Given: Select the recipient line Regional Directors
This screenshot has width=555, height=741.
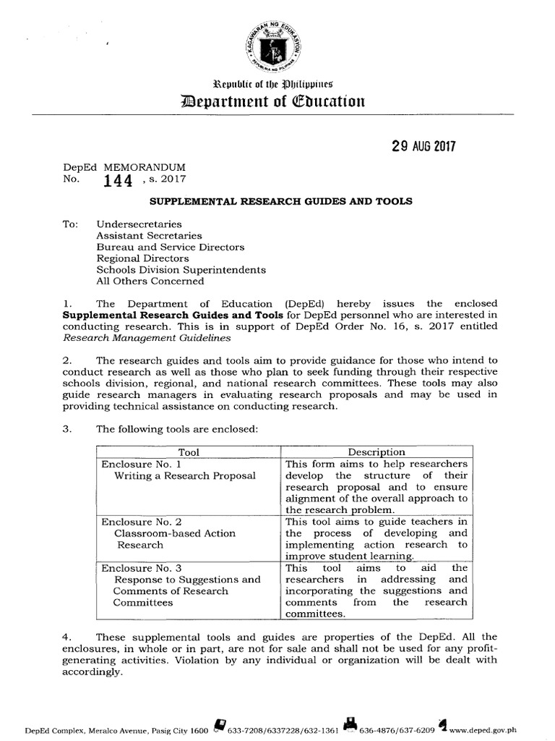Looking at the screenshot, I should (143, 258).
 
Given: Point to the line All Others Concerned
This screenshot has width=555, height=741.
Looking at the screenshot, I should (150, 281).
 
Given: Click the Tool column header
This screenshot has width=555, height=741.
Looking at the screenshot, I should (189, 452).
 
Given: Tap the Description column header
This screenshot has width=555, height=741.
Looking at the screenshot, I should (377, 452).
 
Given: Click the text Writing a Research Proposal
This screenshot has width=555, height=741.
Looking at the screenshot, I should (184, 475).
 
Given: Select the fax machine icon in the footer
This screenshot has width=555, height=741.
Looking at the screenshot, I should (350, 727).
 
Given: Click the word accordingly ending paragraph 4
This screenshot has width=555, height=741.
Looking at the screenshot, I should (92, 671).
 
